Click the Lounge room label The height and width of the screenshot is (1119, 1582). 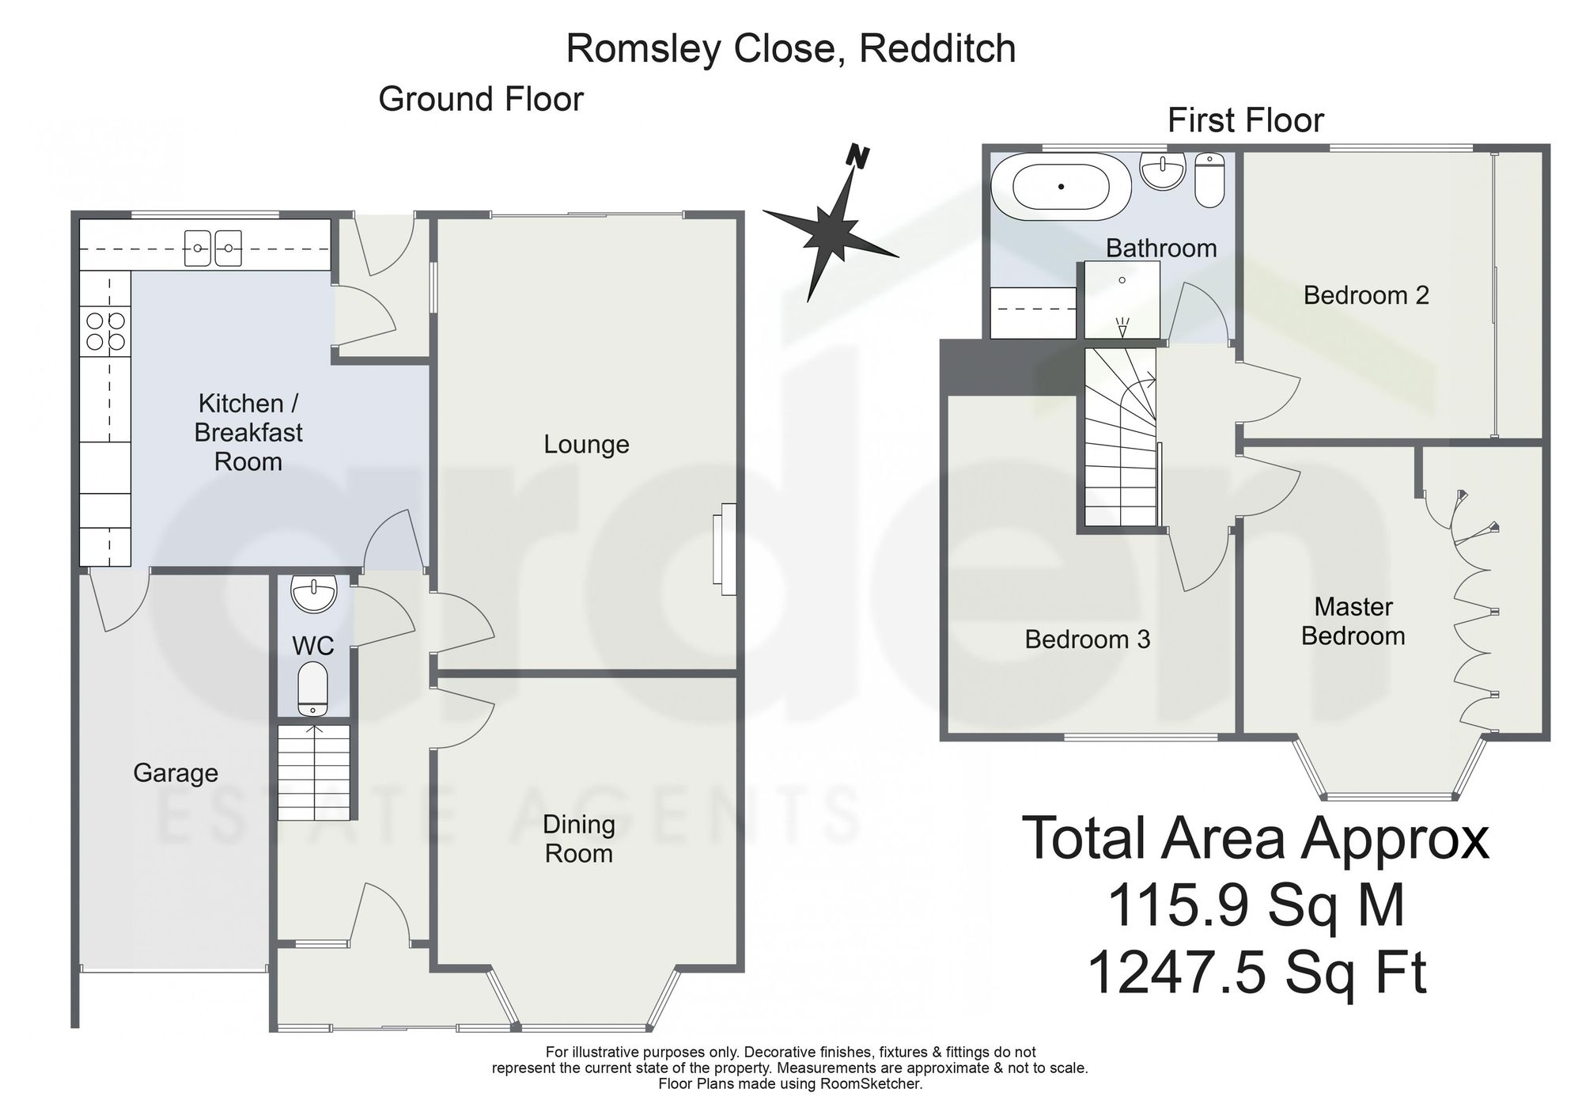pos(586,445)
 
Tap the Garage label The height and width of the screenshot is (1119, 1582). pos(176,773)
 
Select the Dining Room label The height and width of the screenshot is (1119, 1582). pos(579,839)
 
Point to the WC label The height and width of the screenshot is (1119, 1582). pos(313,646)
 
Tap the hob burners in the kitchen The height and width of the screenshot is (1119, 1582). pos(106,331)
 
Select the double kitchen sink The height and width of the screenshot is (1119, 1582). pos(213,248)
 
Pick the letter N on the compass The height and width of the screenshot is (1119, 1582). pos(857,157)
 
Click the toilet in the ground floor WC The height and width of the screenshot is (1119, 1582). pos(313,688)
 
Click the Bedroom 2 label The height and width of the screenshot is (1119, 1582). pos(1366,295)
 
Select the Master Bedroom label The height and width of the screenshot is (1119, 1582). pos(1353,621)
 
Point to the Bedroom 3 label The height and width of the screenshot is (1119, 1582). pos(1088,639)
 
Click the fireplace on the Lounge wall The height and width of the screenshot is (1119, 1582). pos(724,549)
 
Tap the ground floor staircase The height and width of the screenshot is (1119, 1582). pos(313,772)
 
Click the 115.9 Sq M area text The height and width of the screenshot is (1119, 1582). pos(1256,905)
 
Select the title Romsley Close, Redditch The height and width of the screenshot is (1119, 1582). pos(791,49)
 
